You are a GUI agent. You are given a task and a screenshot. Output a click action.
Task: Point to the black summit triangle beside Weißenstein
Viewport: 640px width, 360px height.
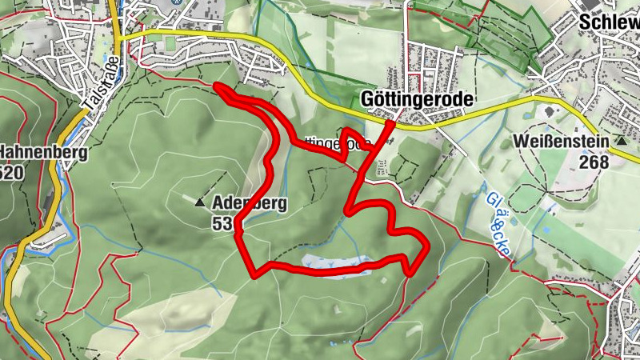(621, 141)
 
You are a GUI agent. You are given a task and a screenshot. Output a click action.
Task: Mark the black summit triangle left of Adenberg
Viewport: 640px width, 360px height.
(199, 203)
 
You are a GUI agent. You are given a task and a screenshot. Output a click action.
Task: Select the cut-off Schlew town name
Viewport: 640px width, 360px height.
(608, 22)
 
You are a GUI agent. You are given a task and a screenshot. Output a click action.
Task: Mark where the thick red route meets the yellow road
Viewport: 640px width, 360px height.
(390, 122)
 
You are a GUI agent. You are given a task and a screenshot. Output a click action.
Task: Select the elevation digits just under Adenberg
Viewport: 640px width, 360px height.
(222, 225)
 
